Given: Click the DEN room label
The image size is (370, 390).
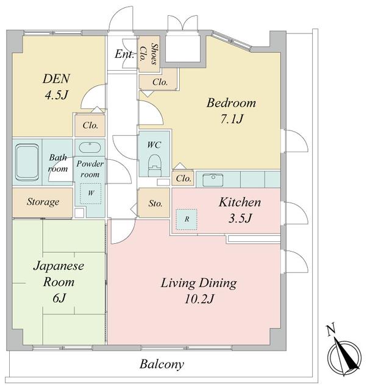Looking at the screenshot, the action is click(57, 87).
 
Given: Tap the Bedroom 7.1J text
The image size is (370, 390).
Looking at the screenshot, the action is click(231, 111).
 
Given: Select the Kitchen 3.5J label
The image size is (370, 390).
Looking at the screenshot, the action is click(240, 210).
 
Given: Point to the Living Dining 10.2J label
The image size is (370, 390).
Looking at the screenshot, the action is click(199, 291).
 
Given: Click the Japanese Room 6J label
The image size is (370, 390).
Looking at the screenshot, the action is click(59, 282).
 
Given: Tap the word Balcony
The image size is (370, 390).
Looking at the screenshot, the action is click(162, 364).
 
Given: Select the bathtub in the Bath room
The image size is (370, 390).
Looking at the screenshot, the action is click(27, 162).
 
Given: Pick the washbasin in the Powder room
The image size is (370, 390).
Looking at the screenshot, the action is click(90, 147).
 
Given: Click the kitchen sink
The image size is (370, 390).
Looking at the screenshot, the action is click(213, 180).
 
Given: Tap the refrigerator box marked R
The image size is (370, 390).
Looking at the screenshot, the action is click(187, 219).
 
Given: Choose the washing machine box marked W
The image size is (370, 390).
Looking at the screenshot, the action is click(91, 194).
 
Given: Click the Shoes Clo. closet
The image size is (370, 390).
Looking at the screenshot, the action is click(149, 54).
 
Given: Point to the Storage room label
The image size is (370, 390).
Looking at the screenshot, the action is click(43, 202).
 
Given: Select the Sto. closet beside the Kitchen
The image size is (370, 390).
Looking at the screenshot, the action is click(154, 202).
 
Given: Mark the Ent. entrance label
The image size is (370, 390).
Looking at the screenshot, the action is click(124, 54).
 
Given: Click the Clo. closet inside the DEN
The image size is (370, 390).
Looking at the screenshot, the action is click(90, 125).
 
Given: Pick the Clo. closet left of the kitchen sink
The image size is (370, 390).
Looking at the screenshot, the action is click(183, 178).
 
